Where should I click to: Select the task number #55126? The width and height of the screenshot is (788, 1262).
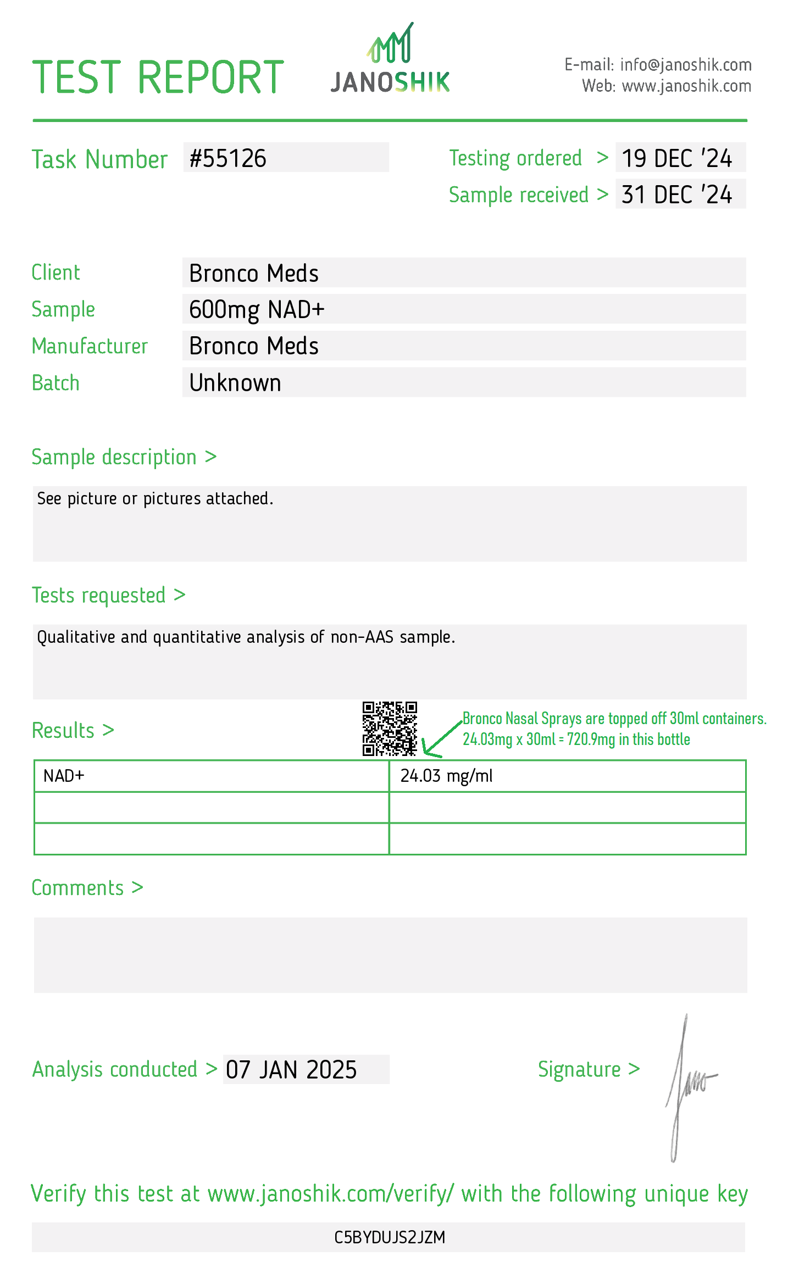pyautogui.click(x=228, y=158)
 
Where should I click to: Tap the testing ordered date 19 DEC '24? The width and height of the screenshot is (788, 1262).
pyautogui.click(x=677, y=158)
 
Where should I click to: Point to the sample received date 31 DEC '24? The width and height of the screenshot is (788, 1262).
pyautogui.click(x=677, y=194)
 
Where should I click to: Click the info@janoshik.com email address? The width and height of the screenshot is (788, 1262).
pyautogui.click(x=685, y=65)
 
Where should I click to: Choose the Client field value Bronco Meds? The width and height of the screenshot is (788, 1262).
pyautogui.click(x=254, y=273)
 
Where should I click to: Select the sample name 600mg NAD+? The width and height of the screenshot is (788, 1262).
pyautogui.click(x=257, y=309)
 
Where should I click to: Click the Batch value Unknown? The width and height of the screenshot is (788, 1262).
pyautogui.click(x=235, y=383)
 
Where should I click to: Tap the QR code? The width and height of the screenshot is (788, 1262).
pyautogui.click(x=390, y=729)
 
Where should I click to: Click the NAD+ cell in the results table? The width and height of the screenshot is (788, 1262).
pyautogui.click(x=64, y=776)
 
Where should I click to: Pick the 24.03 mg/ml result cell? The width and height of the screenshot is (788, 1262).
pyautogui.click(x=446, y=776)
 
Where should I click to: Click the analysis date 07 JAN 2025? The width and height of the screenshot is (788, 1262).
pyautogui.click(x=291, y=1070)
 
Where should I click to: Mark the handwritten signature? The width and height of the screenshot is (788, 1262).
pyautogui.click(x=687, y=1088)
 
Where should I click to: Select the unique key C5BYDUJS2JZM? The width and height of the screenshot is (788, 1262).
pyautogui.click(x=390, y=1237)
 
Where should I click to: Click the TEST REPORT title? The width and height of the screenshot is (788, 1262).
pyautogui.click(x=158, y=77)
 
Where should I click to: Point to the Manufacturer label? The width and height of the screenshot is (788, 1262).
pyautogui.click(x=90, y=346)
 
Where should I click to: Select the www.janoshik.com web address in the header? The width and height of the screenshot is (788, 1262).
pyautogui.click(x=686, y=86)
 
